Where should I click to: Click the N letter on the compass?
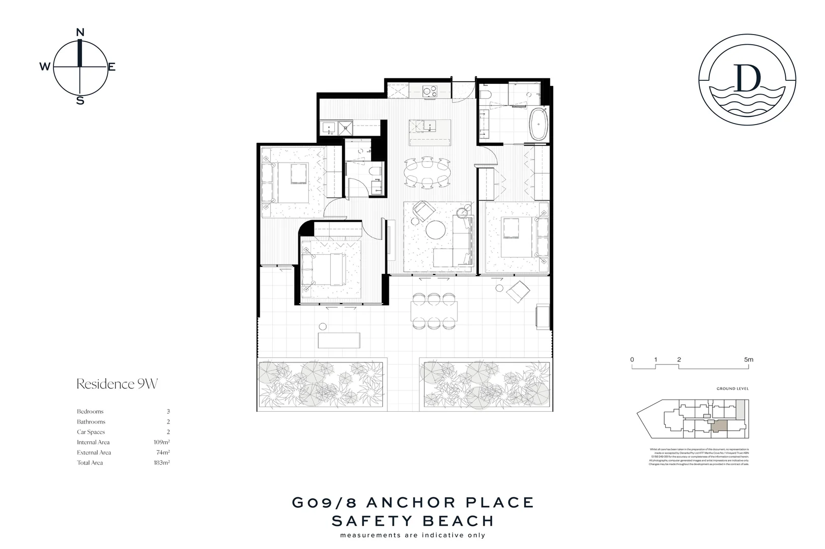click(x=80, y=33)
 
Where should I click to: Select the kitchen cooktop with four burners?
click(x=430, y=91)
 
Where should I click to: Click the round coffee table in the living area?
click(x=436, y=229)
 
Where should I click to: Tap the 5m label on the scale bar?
click(x=748, y=359)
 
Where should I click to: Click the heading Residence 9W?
click(x=117, y=384)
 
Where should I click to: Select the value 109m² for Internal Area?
click(x=162, y=442)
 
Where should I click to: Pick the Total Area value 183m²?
click(x=162, y=463)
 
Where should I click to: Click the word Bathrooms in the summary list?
click(x=91, y=422)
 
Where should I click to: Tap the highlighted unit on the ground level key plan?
click(x=719, y=426)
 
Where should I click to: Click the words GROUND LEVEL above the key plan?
click(x=732, y=389)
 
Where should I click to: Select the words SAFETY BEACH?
click(x=413, y=521)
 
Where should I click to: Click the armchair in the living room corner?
click(x=421, y=209)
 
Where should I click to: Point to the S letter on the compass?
click(x=80, y=101)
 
